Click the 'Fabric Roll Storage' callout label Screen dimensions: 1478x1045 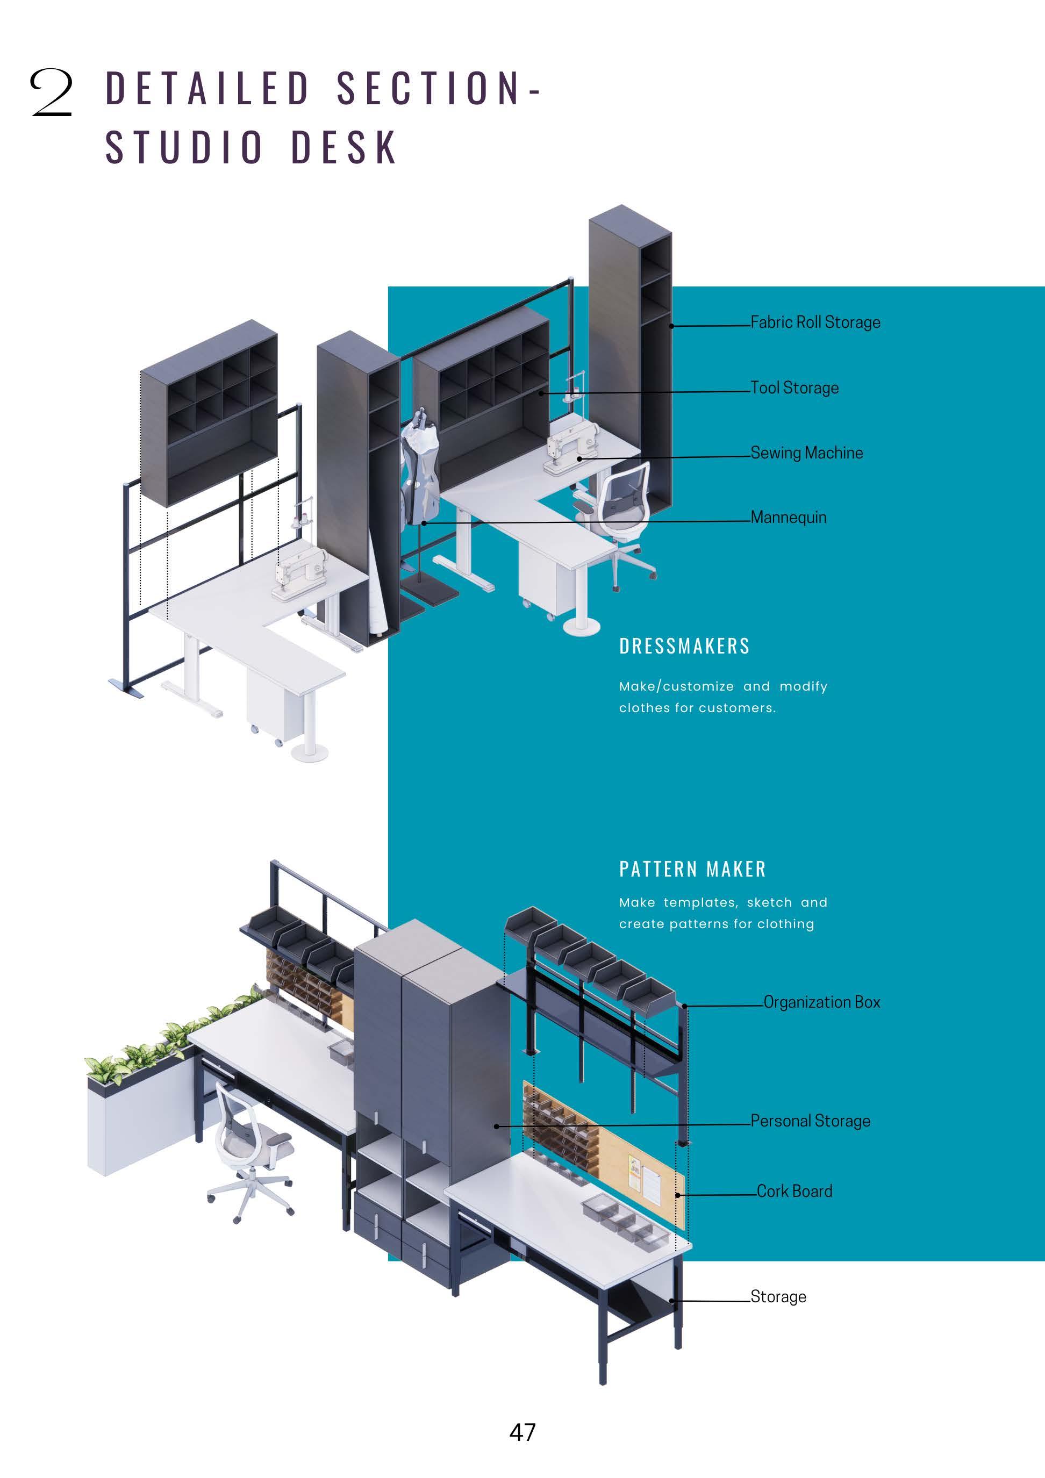click(815, 322)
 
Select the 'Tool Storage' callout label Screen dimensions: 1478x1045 click(795, 388)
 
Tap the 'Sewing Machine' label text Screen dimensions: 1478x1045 click(806, 453)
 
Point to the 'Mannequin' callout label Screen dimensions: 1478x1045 click(788, 517)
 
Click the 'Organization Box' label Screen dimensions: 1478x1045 click(821, 1002)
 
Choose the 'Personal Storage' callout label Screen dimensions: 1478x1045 click(810, 1121)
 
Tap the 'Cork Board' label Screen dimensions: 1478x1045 click(794, 1191)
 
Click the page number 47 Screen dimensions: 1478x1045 click(522, 1432)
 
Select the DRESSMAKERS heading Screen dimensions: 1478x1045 click(684, 647)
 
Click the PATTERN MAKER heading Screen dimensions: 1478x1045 click(693, 869)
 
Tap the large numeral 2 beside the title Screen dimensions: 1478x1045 click(51, 94)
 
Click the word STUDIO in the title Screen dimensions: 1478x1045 click(185, 147)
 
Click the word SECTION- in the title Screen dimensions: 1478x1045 click(439, 88)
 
